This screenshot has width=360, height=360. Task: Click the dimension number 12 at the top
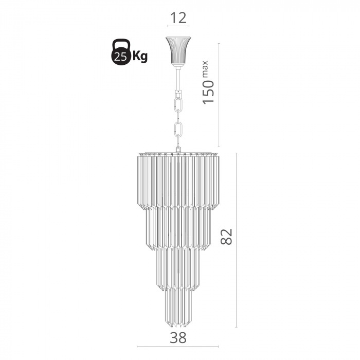click(178, 18)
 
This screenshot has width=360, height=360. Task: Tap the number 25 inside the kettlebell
click(120, 57)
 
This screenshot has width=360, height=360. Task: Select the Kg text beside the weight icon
click(140, 56)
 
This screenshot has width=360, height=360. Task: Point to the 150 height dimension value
click(208, 92)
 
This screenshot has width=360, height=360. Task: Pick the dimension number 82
click(226, 237)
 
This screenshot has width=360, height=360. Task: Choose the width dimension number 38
click(178, 338)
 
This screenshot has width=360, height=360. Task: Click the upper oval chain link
click(178, 104)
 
